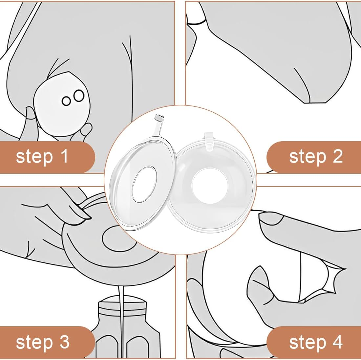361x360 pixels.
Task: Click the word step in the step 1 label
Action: (x=34, y=157)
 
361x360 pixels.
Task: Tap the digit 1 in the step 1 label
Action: (x=64, y=156)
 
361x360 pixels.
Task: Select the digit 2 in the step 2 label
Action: (x=337, y=156)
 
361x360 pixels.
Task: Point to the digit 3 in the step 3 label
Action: (x=64, y=342)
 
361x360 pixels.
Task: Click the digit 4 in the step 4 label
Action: (x=337, y=342)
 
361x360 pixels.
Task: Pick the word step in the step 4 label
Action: (x=308, y=343)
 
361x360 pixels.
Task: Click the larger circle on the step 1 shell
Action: (x=79, y=96)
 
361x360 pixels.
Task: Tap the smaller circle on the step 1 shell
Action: (x=66, y=101)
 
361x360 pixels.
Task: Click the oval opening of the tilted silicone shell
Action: (x=144, y=184)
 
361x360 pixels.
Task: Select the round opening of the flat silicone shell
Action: (x=210, y=186)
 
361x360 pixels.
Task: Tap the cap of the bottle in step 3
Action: (x=122, y=304)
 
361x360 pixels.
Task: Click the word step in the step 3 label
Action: (x=34, y=343)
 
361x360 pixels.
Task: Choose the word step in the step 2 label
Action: (x=308, y=157)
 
